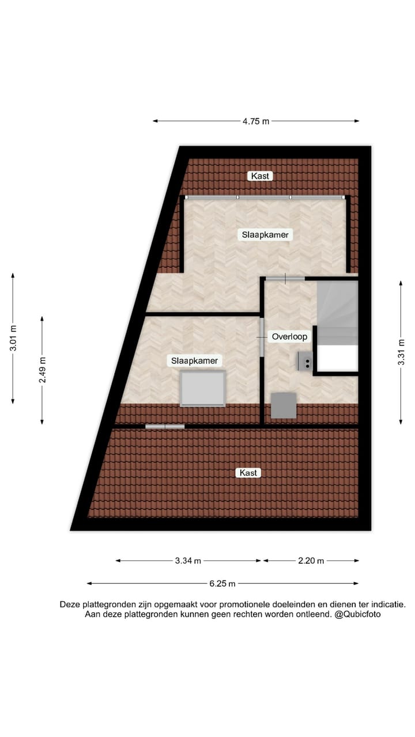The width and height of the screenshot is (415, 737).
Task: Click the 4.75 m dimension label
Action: click(256, 121)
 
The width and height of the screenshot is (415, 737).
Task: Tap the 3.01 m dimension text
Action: click(13, 339)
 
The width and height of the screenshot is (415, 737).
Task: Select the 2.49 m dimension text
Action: click(42, 370)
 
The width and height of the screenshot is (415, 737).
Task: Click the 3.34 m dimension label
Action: click(188, 561)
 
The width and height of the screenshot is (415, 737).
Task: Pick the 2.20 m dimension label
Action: click(311, 561)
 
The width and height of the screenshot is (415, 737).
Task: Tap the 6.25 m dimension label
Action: click(222, 583)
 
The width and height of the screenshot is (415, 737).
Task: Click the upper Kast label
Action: click(260, 176)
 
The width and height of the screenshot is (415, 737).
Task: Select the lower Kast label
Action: click(248, 473)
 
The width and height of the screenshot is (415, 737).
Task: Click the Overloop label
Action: click(290, 337)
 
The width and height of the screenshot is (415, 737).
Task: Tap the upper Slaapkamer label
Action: click(265, 235)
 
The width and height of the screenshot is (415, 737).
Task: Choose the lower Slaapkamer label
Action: click(195, 361)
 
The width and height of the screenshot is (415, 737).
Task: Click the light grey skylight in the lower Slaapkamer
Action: click(202, 389)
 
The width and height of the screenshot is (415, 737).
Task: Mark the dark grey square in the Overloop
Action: click(284, 405)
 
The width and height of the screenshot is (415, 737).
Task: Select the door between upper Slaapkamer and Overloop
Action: click(285, 279)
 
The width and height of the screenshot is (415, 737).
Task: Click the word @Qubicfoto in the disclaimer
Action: click(357, 614)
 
